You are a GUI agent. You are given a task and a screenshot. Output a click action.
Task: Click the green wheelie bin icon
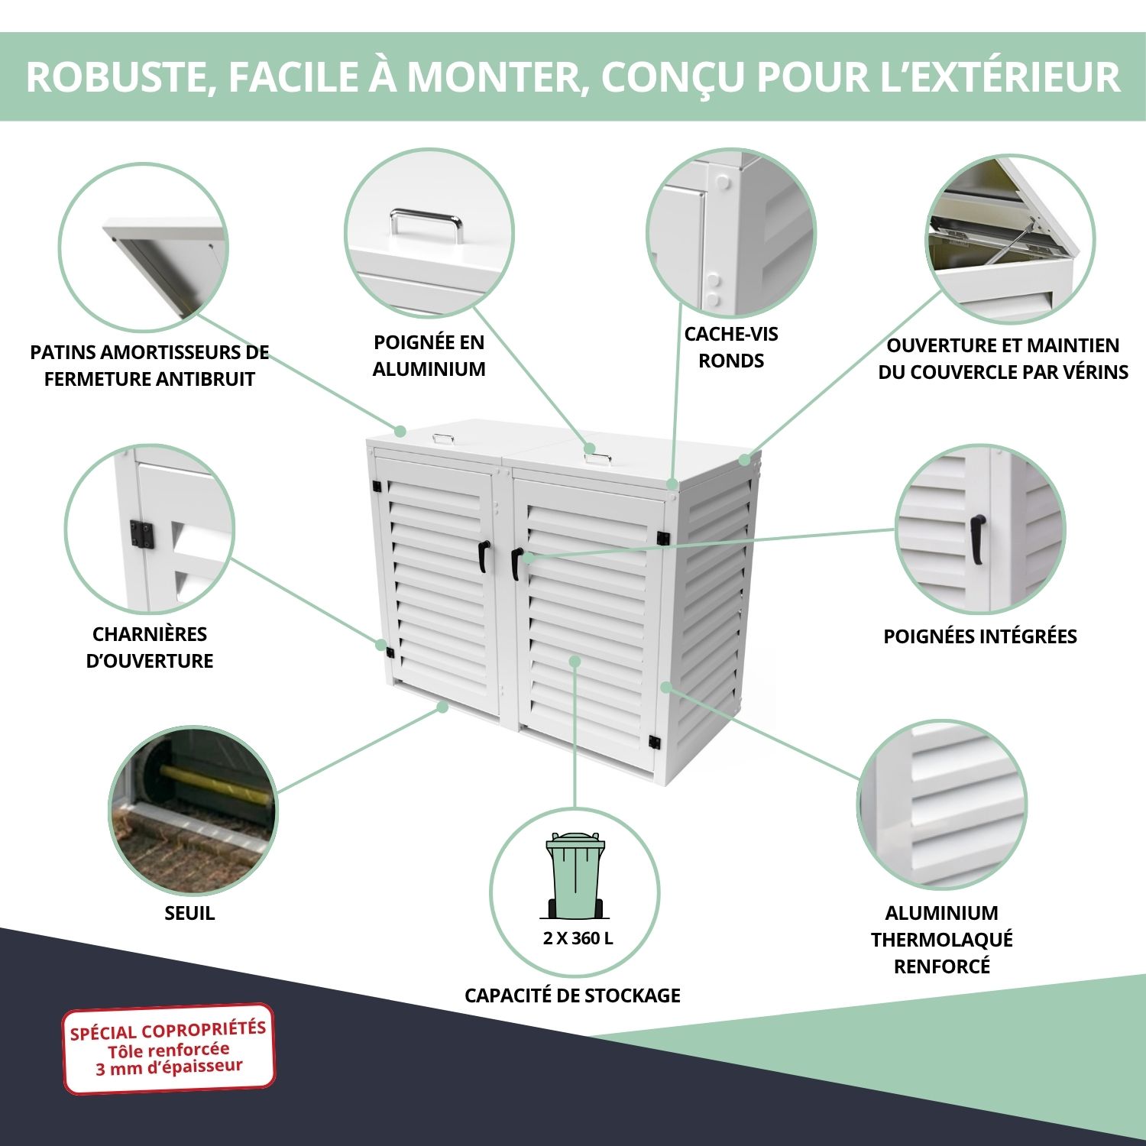pos(575,876)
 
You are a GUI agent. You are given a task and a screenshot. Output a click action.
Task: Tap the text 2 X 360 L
pos(578,938)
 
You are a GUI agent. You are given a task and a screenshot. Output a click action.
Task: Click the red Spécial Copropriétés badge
pos(169,1048)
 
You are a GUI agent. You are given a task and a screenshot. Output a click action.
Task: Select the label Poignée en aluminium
pos(429,355)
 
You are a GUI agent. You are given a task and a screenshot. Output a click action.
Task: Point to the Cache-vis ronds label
pos(731,347)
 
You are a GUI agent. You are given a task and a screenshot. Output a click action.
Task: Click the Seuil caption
pos(189,913)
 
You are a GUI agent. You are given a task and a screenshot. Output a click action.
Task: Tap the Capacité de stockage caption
pos(572,995)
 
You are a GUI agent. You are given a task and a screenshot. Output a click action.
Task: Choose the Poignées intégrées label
pos(980,636)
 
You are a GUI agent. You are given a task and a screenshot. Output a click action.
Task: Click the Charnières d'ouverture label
pos(150,647)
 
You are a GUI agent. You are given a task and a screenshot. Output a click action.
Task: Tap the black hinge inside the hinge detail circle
pos(142,534)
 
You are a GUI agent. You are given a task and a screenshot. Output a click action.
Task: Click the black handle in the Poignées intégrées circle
pos(977,539)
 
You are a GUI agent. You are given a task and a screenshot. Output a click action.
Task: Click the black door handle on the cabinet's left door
pos(484,556)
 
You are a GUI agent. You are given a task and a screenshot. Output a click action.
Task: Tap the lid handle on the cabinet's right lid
pos(597,458)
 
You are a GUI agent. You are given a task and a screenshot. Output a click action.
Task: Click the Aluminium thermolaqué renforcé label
pos(942,940)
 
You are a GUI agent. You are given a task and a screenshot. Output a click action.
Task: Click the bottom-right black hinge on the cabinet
pos(654,742)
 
